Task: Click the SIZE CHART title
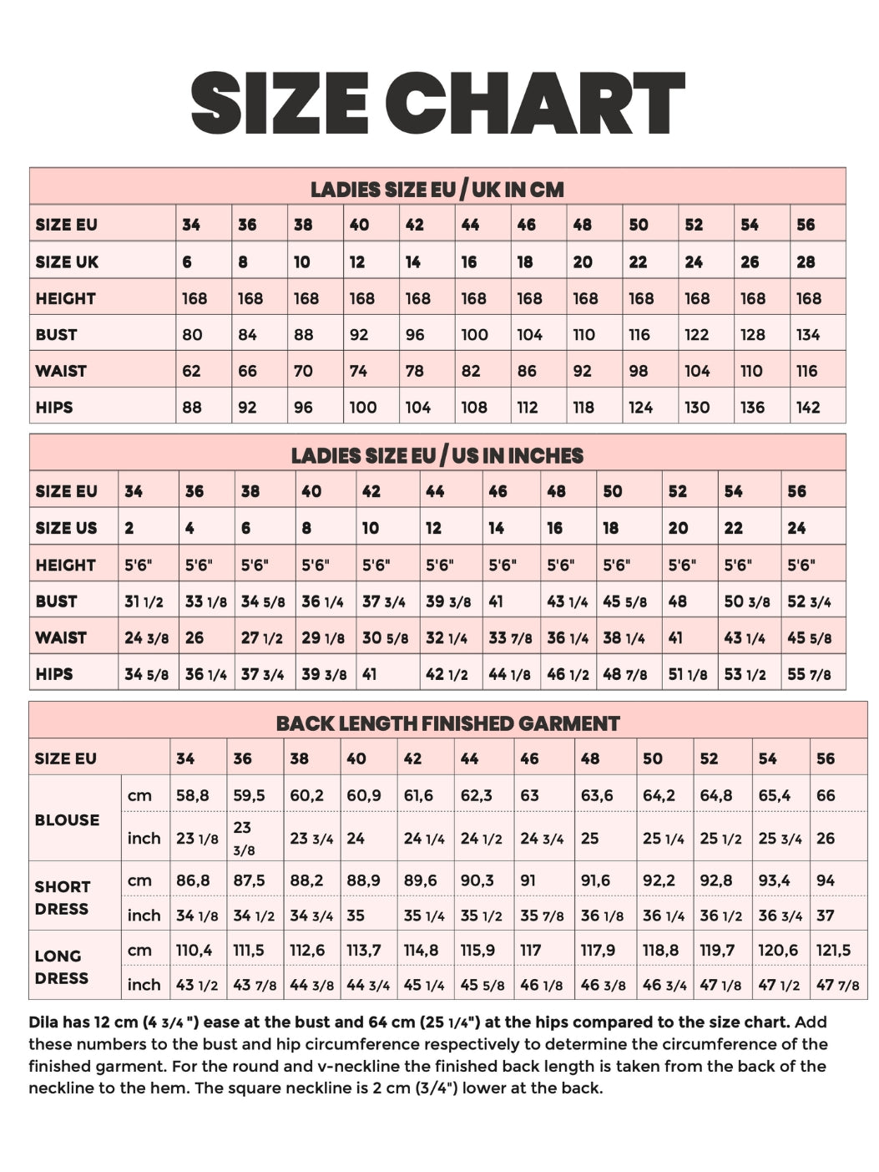438,103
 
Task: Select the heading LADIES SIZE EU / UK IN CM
437,189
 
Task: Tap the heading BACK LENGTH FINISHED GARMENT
448,723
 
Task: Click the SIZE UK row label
67,262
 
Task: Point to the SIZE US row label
66,528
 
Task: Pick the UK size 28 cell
806,262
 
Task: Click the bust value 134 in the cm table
808,335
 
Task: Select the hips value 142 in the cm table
808,408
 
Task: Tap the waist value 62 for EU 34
191,371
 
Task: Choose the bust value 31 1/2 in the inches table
143,601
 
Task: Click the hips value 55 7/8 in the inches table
809,674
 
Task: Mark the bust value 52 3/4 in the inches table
809,601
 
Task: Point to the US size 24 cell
796,528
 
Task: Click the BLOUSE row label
67,819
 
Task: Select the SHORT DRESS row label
63,897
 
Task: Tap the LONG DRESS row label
58,967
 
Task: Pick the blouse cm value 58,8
192,795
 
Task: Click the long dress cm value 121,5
833,950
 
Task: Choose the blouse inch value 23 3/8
244,838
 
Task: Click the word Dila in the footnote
45,1022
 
